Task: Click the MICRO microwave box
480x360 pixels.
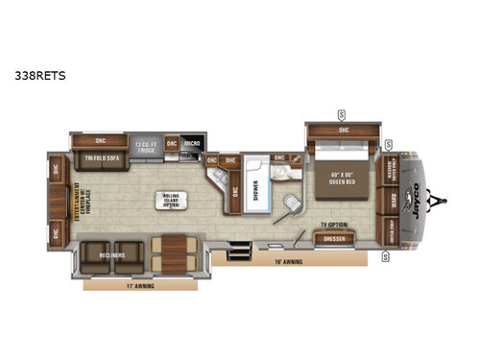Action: (191, 143)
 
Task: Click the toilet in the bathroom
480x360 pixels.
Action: (291, 203)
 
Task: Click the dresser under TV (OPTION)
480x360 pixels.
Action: (335, 237)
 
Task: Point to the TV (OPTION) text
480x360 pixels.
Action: (334, 225)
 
